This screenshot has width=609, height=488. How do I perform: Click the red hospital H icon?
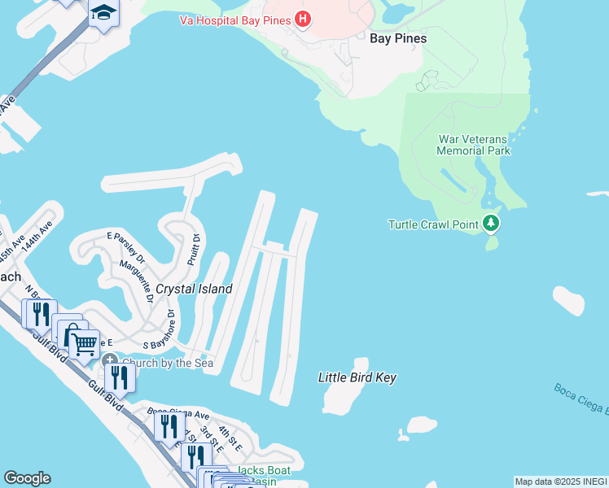(x=303, y=18)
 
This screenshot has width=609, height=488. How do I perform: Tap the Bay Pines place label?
(x=398, y=38)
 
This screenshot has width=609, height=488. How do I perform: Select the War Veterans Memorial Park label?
(x=473, y=145)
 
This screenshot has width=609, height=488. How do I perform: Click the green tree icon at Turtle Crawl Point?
(x=490, y=222)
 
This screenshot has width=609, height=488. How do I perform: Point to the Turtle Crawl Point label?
(x=432, y=224)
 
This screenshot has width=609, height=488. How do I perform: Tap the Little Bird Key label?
(x=357, y=377)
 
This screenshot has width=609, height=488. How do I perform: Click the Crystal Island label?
(x=194, y=289)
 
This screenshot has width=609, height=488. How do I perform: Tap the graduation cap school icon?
(x=103, y=13)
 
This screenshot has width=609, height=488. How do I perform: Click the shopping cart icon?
(x=84, y=344)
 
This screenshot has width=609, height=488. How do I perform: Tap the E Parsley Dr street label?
(x=126, y=247)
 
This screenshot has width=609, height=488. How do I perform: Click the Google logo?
(x=27, y=478)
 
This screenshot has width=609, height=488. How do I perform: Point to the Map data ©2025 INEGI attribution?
(x=561, y=481)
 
